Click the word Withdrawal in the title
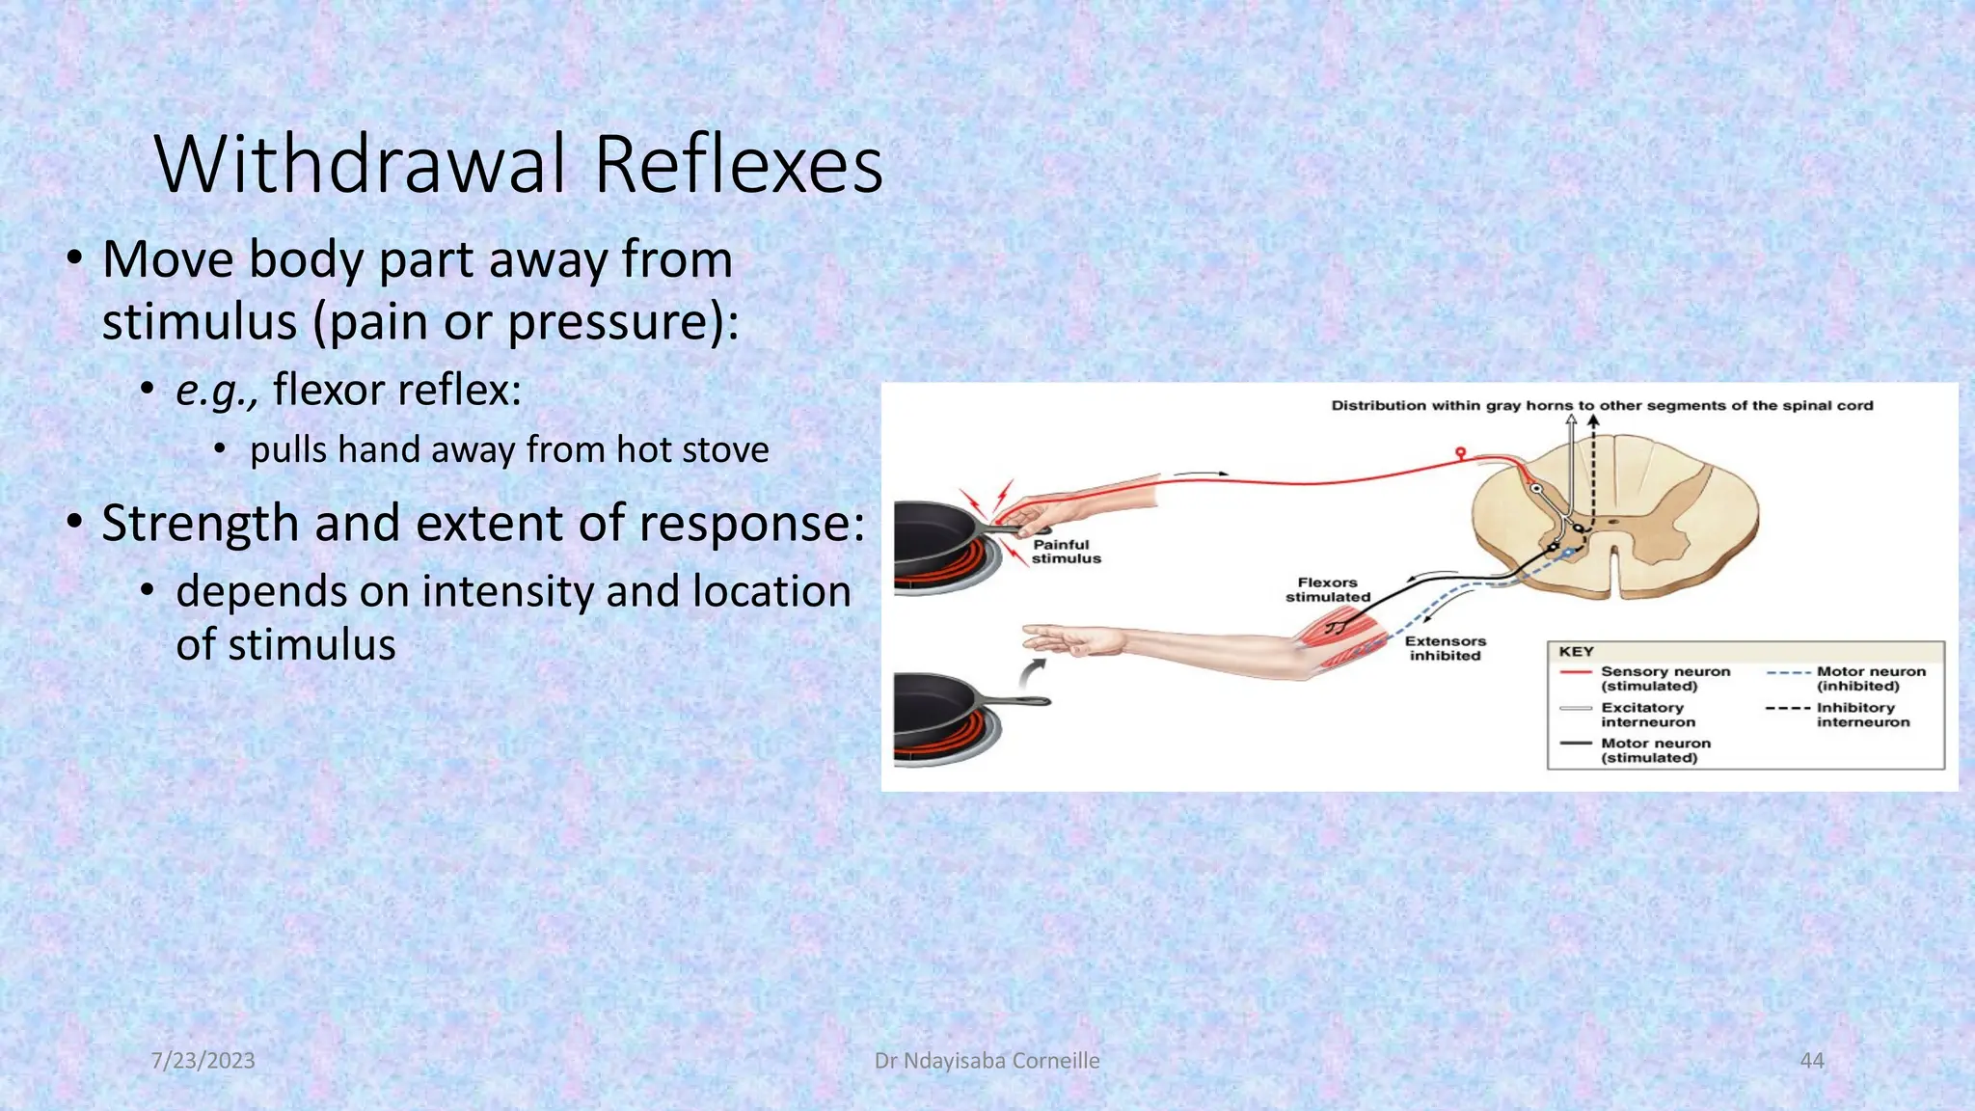click(360, 164)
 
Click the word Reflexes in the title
click(738, 164)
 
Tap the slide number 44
click(1811, 1060)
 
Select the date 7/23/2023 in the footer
click(203, 1060)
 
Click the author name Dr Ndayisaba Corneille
click(987, 1060)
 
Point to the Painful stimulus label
click(1065, 552)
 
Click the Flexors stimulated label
click(1327, 589)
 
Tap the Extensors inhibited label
click(1445, 648)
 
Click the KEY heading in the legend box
click(1576, 652)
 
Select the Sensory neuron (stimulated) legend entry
click(1664, 678)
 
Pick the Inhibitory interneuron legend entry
click(1862, 715)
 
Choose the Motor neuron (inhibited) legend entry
click(1870, 678)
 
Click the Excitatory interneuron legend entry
click(1647, 715)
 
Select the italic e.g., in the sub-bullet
click(217, 391)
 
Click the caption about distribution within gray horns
click(1601, 406)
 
